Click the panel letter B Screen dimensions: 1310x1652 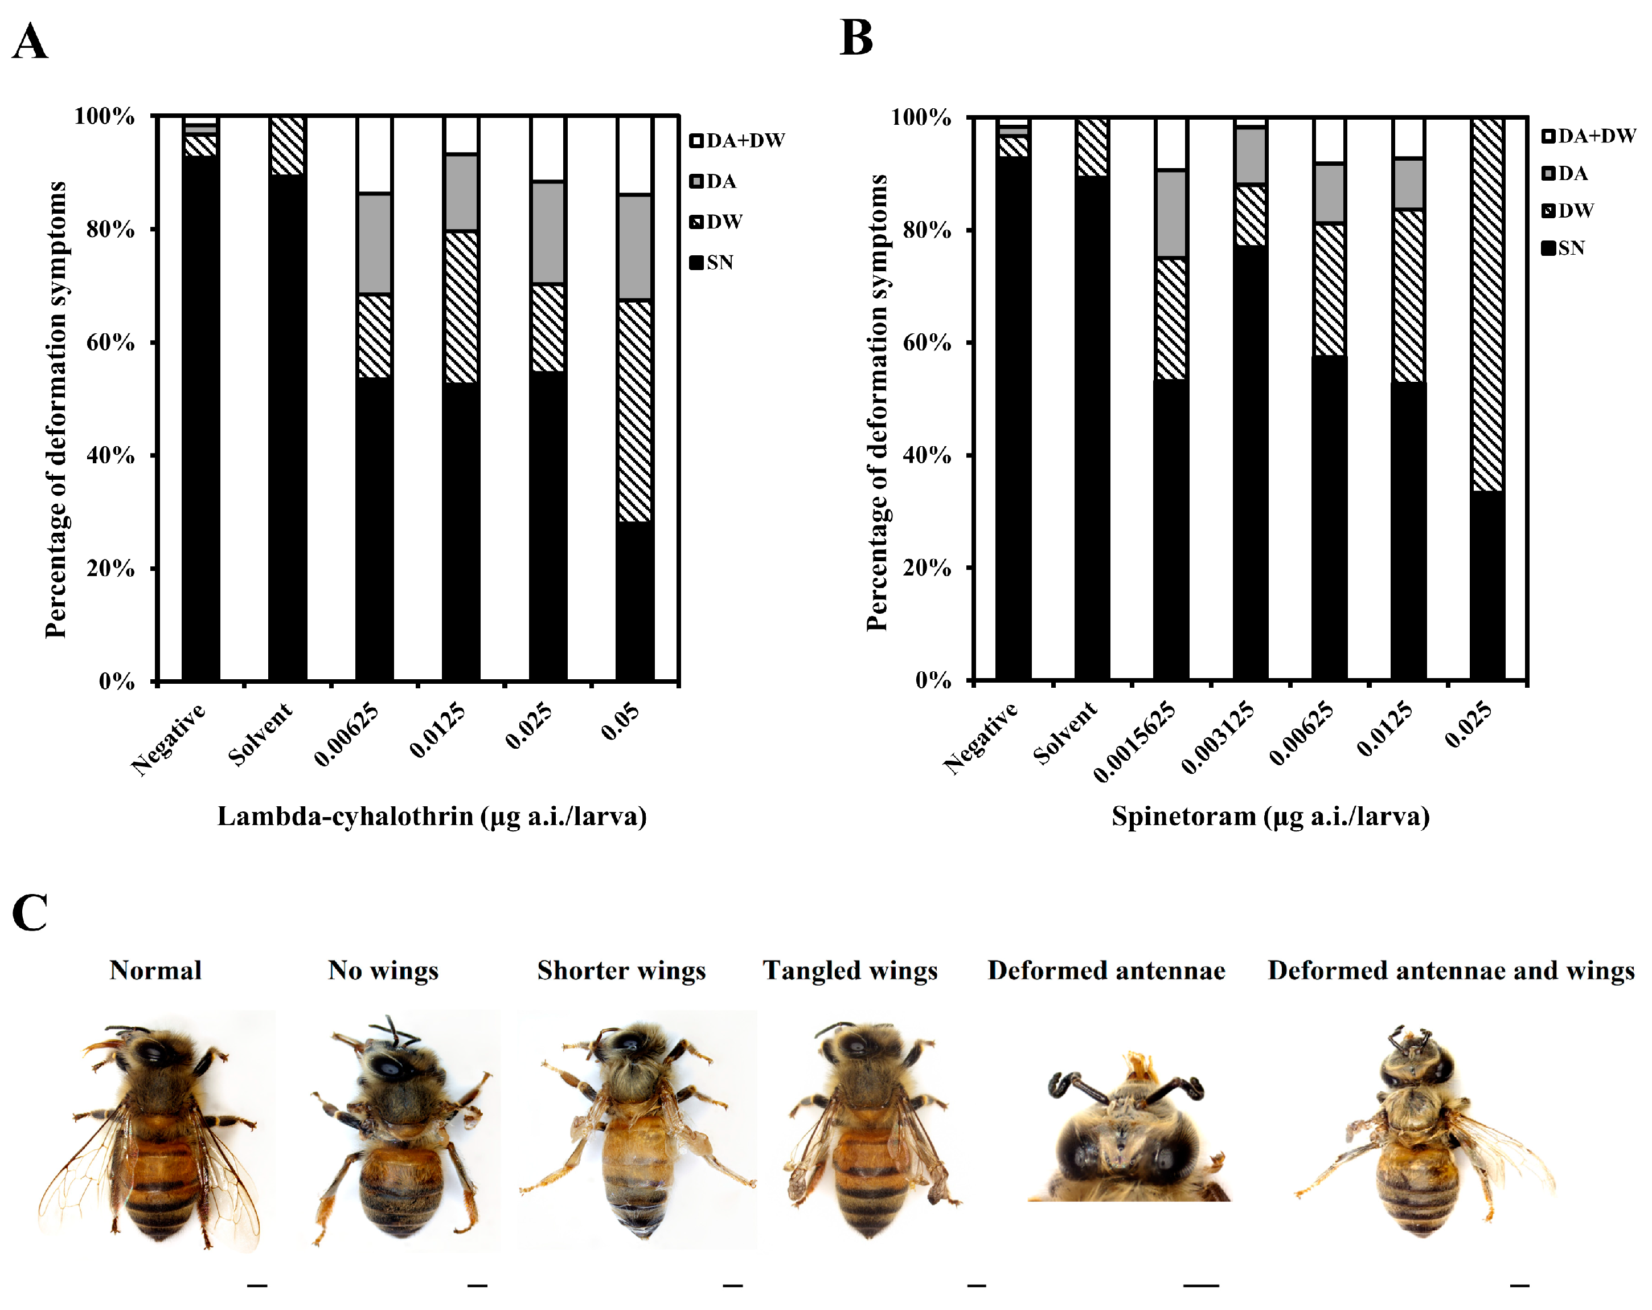[856, 38]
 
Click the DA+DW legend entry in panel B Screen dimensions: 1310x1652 [1588, 136]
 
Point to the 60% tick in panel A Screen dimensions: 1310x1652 [112, 342]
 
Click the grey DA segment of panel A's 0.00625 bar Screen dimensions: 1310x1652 [374, 244]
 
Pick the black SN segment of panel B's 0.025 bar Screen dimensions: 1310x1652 [1487, 586]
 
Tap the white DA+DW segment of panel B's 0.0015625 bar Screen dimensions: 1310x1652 [1171, 144]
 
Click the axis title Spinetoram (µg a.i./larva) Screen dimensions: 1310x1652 [1270, 817]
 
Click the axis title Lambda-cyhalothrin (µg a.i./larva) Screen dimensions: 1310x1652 [432, 817]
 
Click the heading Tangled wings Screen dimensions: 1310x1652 [850, 970]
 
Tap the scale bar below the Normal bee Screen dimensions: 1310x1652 [257, 1285]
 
